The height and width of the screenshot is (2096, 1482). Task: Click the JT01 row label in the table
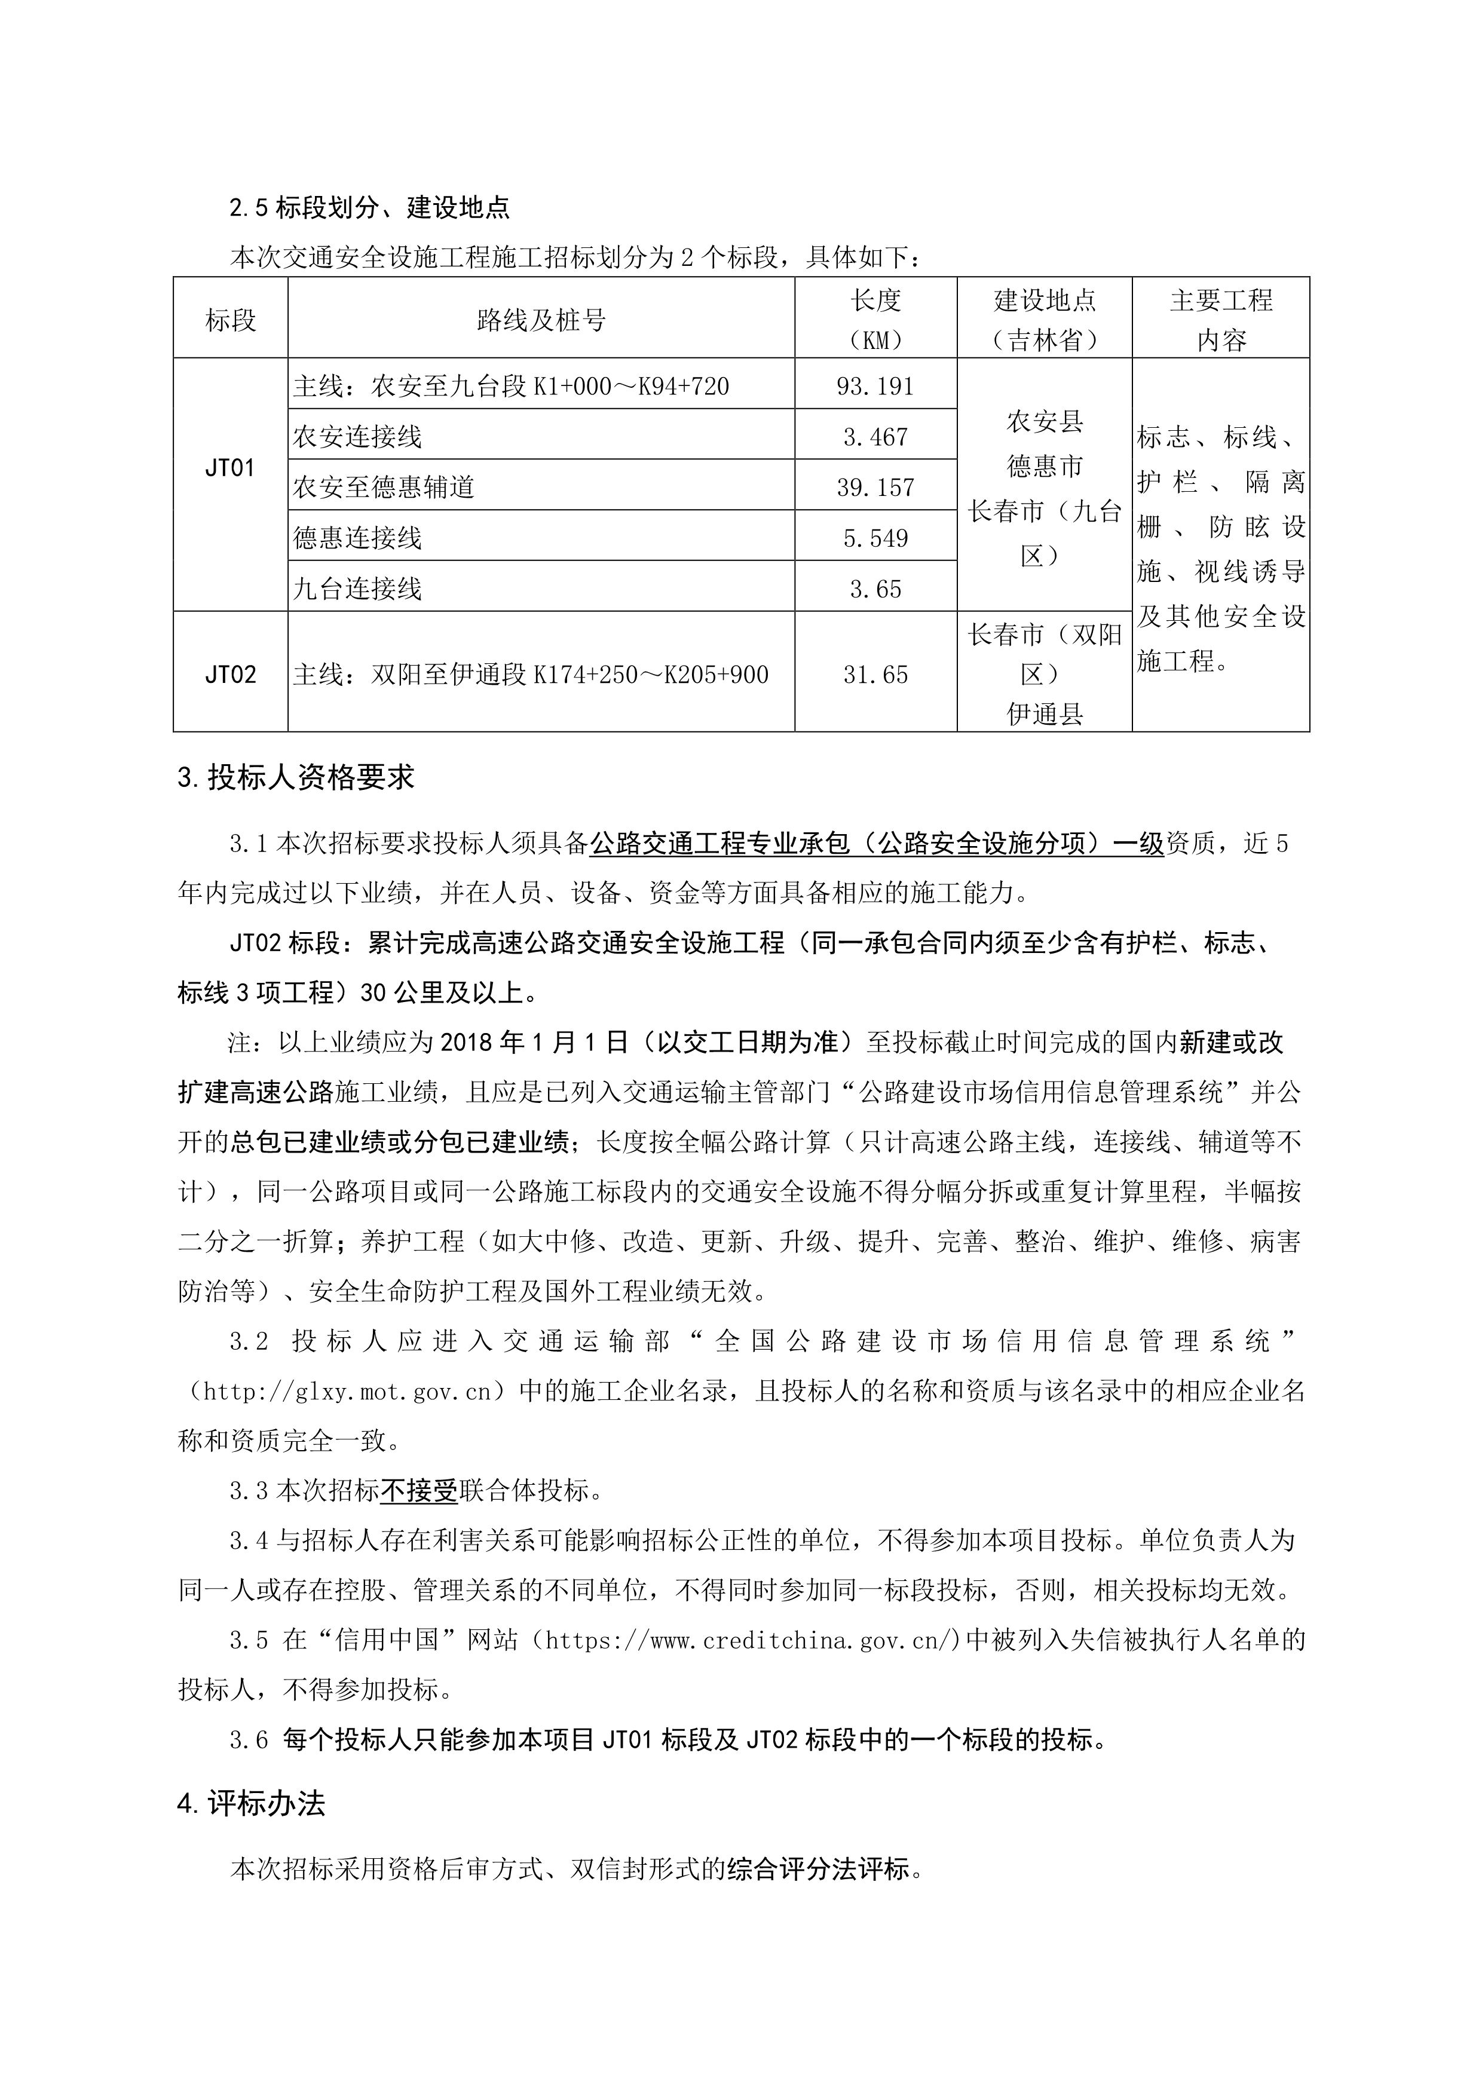pos(229,468)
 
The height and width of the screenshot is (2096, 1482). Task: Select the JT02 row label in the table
pos(229,675)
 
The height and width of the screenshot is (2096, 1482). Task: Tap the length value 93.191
pos(875,386)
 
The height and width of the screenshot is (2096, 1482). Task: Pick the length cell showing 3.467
pos(875,437)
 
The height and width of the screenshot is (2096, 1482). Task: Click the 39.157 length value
pos(875,488)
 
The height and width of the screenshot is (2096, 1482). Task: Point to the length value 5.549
pos(875,538)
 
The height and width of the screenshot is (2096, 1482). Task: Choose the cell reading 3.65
pos(875,589)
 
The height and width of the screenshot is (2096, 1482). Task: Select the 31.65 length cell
pos(875,675)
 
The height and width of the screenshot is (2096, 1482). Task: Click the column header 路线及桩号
pos(541,320)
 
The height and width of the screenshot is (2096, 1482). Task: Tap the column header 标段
pos(230,320)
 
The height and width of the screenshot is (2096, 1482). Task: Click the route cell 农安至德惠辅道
pos(384,488)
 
